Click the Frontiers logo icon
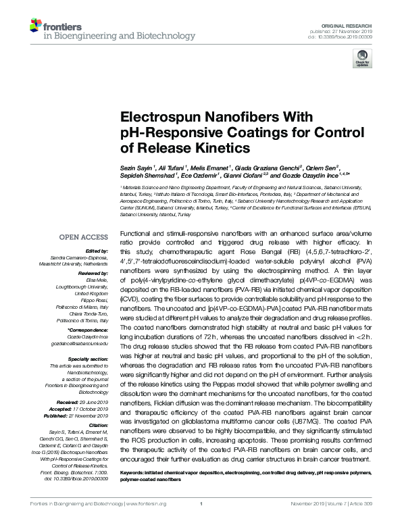click(34, 26)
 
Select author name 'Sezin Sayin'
click(136, 166)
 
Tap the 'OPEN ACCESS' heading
click(82, 237)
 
